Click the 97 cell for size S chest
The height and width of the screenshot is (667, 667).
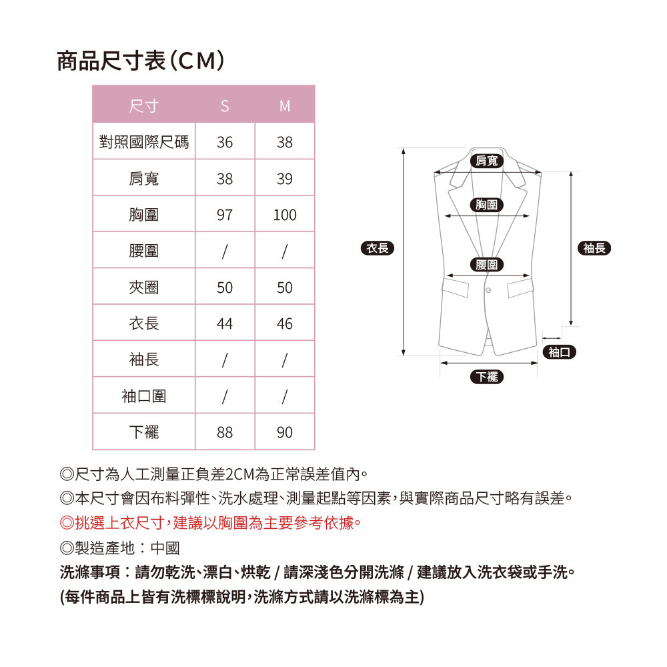pyautogui.click(x=225, y=215)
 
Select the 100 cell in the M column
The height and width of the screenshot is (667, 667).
pyautogui.click(x=285, y=215)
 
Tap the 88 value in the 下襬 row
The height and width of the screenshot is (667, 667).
pyautogui.click(x=225, y=432)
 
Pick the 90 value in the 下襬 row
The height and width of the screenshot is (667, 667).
pyautogui.click(x=285, y=432)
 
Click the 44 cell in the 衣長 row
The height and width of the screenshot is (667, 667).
pyautogui.click(x=225, y=323)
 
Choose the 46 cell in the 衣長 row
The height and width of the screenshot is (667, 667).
pyautogui.click(x=285, y=323)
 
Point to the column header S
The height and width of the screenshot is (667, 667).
pyautogui.click(x=225, y=105)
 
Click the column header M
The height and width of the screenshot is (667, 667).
pyautogui.click(x=285, y=105)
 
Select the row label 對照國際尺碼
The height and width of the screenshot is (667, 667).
pyautogui.click(x=144, y=141)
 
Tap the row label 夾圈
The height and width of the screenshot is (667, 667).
pyautogui.click(x=144, y=287)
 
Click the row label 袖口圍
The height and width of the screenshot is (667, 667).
pyautogui.click(x=144, y=396)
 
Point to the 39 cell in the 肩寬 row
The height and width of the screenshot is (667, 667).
pyautogui.click(x=285, y=179)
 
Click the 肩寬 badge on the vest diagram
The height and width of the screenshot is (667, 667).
pyautogui.click(x=487, y=161)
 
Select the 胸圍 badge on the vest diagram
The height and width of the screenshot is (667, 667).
pyautogui.click(x=487, y=205)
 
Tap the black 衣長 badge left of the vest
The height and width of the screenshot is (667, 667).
pyautogui.click(x=378, y=248)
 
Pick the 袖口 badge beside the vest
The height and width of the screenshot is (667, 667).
pyautogui.click(x=560, y=352)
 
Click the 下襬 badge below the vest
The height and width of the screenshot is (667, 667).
pyautogui.click(x=487, y=377)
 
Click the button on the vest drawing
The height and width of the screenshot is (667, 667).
pyautogui.click(x=488, y=291)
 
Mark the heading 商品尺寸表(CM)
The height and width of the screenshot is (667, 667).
pyautogui.click(x=140, y=61)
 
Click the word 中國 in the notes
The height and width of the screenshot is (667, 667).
pyautogui.click(x=165, y=548)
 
